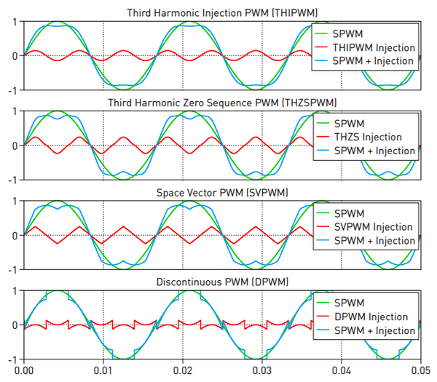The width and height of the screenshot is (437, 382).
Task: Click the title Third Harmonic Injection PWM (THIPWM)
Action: pyautogui.click(x=222, y=13)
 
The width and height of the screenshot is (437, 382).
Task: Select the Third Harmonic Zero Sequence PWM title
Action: pyautogui.click(x=222, y=103)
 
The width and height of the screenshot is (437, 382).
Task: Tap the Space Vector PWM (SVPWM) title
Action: pyautogui.click(x=222, y=193)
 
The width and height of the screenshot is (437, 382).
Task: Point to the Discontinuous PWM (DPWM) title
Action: pyautogui.click(x=222, y=282)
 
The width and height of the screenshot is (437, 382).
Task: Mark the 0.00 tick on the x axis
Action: pyautogui.click(x=24, y=371)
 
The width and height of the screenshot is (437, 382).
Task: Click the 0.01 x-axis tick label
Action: pyautogui.click(x=103, y=371)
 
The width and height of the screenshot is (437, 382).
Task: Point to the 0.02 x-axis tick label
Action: pyautogui.click(x=183, y=371)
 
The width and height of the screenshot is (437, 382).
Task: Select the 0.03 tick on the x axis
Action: pyautogui.click(x=262, y=371)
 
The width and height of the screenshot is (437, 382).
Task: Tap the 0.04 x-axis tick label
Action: pyautogui.click(x=342, y=371)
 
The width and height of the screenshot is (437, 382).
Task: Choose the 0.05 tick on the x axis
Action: pyautogui.click(x=420, y=371)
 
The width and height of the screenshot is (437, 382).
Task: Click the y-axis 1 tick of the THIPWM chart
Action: pyautogui.click(x=15, y=22)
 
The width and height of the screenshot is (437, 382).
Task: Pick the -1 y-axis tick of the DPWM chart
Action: pyautogui.click(x=12, y=359)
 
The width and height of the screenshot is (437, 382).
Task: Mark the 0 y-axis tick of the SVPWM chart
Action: pyautogui.click(x=15, y=236)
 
